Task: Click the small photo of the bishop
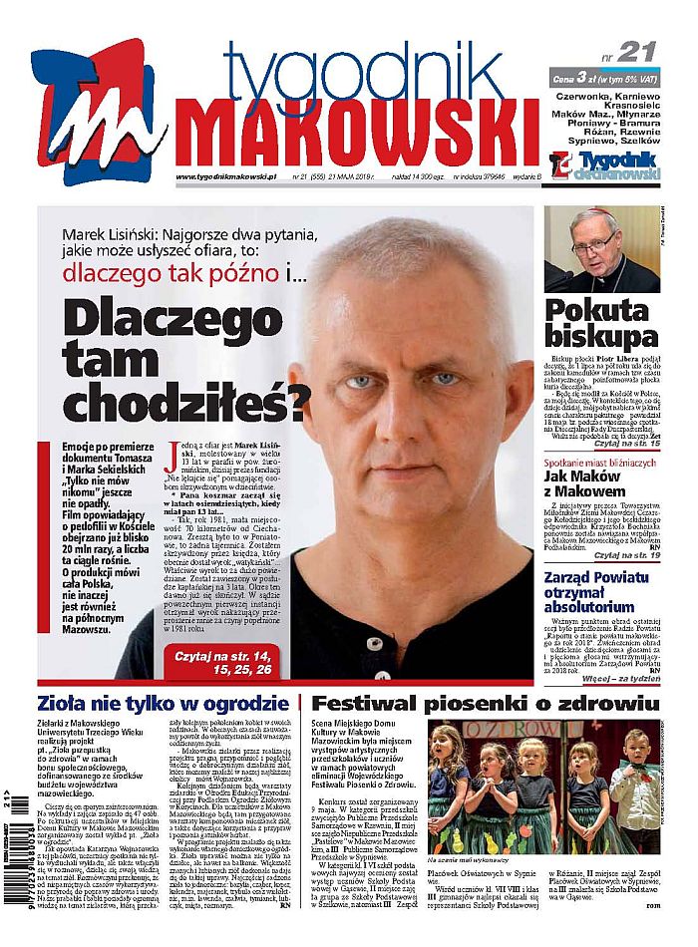tap(601, 249)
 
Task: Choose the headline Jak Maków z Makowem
tap(598, 483)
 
